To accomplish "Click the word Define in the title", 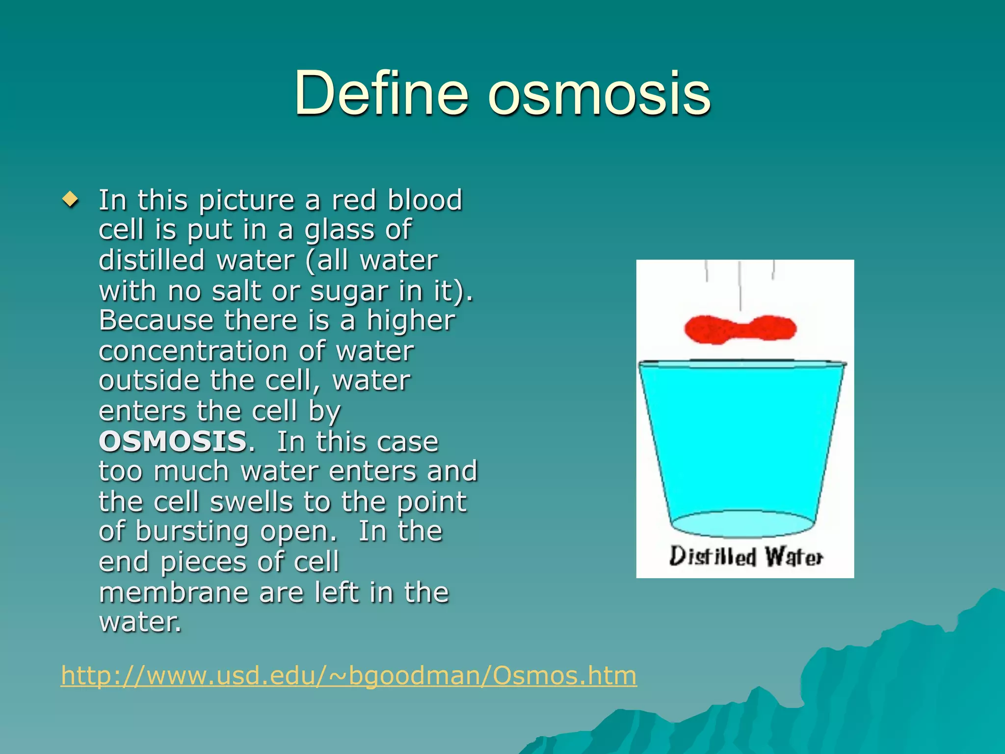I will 381,93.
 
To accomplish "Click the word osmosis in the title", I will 599,93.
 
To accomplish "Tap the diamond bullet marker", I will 71,200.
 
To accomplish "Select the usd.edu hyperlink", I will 348,675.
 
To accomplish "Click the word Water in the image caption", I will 793,557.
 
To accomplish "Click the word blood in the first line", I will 425,200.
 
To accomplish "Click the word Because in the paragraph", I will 156,321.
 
